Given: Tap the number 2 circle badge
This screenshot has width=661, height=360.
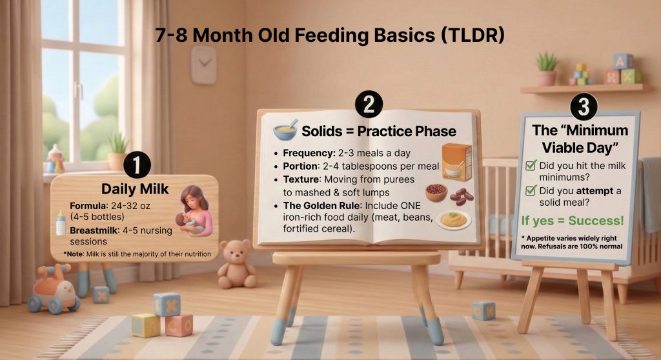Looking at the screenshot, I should click(368, 105).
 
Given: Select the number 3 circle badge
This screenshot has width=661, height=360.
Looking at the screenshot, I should click(583, 106).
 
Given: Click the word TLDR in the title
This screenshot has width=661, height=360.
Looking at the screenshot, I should click(469, 35).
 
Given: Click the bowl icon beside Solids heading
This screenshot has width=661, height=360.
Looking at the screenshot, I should click(285, 130).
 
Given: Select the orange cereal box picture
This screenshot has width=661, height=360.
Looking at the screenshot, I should click(456, 161).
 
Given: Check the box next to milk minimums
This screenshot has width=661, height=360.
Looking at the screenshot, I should click(531, 166).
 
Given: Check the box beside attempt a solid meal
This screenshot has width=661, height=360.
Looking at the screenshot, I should click(531, 190).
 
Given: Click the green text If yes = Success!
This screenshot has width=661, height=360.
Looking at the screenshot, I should click(573, 221).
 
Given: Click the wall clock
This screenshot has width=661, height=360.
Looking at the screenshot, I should click(203, 65).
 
